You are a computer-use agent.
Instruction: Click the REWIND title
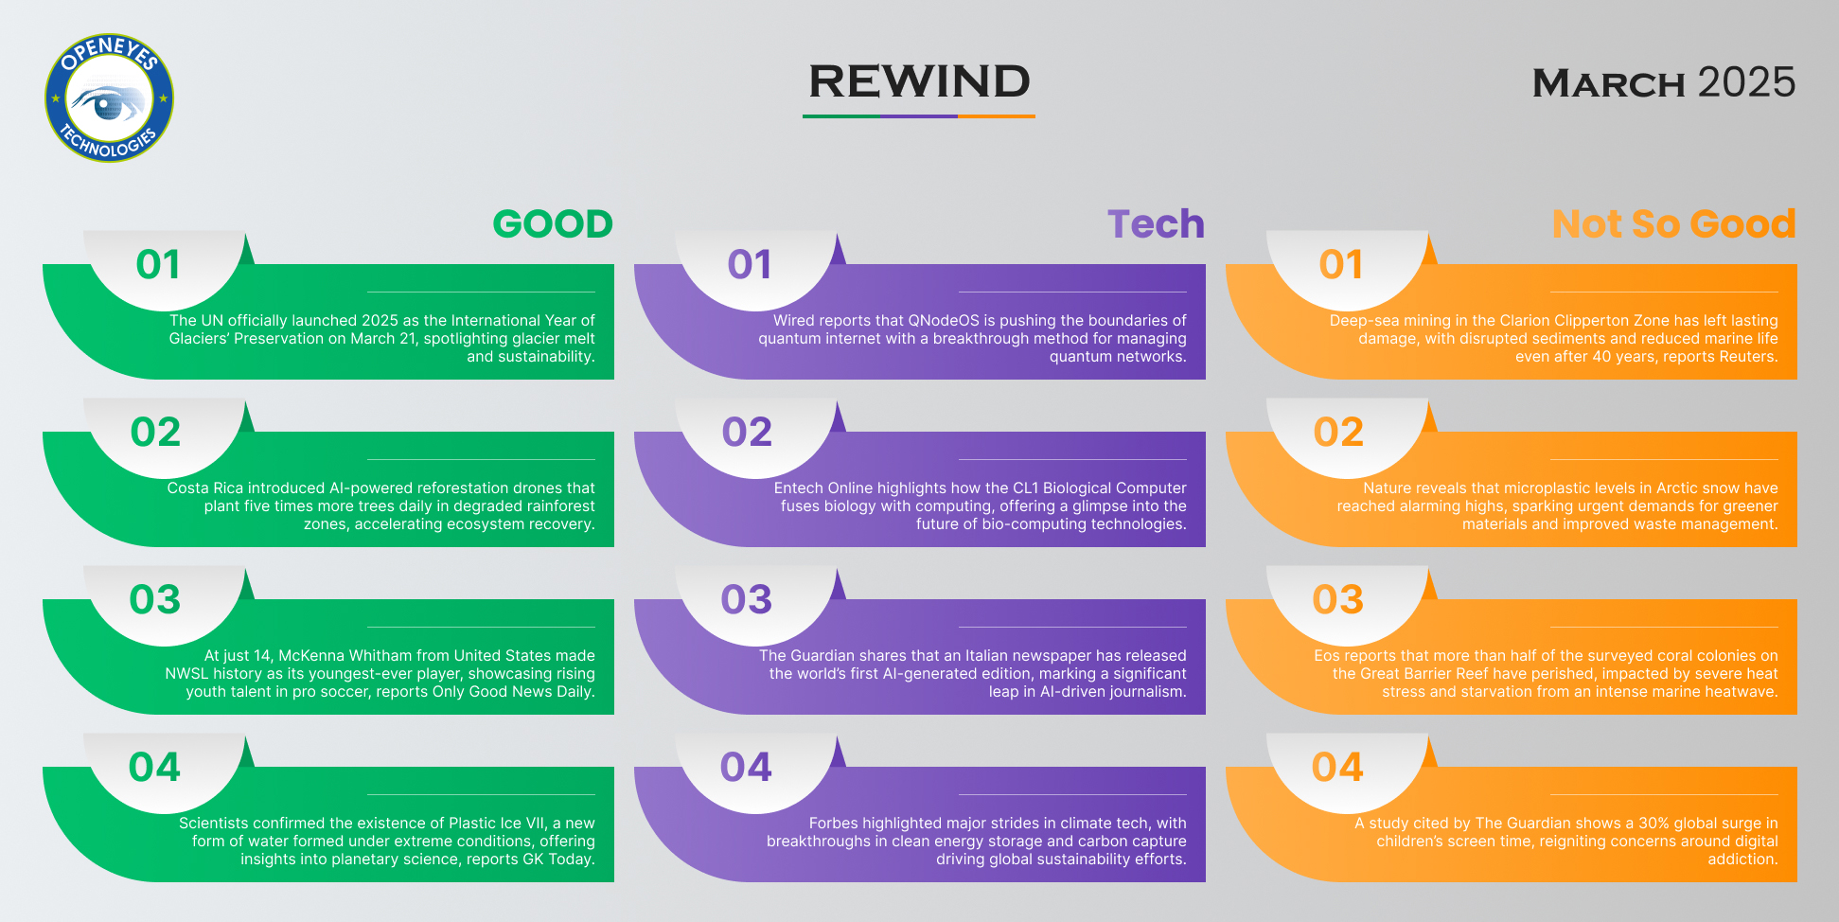click(919, 81)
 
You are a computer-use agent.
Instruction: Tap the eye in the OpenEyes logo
click(109, 101)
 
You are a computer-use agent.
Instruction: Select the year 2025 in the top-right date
click(1746, 82)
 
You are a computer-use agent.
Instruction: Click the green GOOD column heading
click(553, 224)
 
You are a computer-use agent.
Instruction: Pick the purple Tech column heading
click(1156, 224)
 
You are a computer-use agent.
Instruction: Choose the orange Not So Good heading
click(1673, 224)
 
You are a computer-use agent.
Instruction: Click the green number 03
click(155, 599)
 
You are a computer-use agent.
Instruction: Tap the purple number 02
click(748, 432)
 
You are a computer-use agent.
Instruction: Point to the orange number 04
click(1337, 767)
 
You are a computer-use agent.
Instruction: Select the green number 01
click(158, 264)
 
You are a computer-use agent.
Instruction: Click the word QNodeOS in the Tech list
click(944, 321)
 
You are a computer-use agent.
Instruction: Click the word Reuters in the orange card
click(1747, 357)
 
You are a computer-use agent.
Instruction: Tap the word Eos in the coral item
click(1327, 656)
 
